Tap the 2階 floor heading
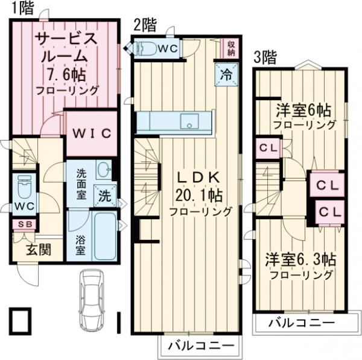(x=145, y=25)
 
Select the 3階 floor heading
(x=265, y=58)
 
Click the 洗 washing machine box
(x=104, y=196)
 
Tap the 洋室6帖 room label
(x=303, y=111)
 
